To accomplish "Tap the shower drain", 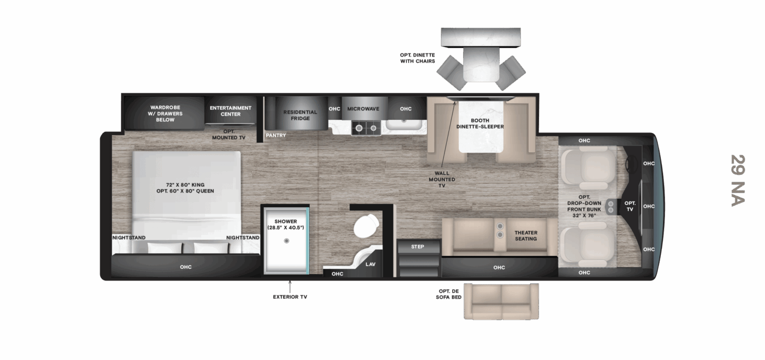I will pyautogui.click(x=286, y=241).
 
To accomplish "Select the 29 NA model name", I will pyautogui.click(x=737, y=180).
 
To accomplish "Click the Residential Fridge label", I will pyautogui.click(x=300, y=115).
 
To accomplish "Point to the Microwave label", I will pyautogui.click(x=363, y=109).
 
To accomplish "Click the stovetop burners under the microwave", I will pyautogui.click(x=365, y=127).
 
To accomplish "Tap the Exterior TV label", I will pyautogui.click(x=289, y=297).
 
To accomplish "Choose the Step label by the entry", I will pyautogui.click(x=418, y=246).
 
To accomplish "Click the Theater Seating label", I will pyautogui.click(x=525, y=235).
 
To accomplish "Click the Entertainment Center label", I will pyautogui.click(x=230, y=111).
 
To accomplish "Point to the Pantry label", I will pyautogui.click(x=276, y=135).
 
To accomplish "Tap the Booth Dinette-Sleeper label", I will pyautogui.click(x=480, y=123).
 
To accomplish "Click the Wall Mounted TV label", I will pyautogui.click(x=445, y=179).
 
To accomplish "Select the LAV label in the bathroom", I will pyautogui.click(x=370, y=264).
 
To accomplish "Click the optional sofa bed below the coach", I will pyautogui.click(x=501, y=301).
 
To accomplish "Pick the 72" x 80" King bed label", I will pyautogui.click(x=185, y=188).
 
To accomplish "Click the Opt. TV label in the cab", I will pyautogui.click(x=630, y=206).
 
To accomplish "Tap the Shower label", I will pyautogui.click(x=286, y=224).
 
